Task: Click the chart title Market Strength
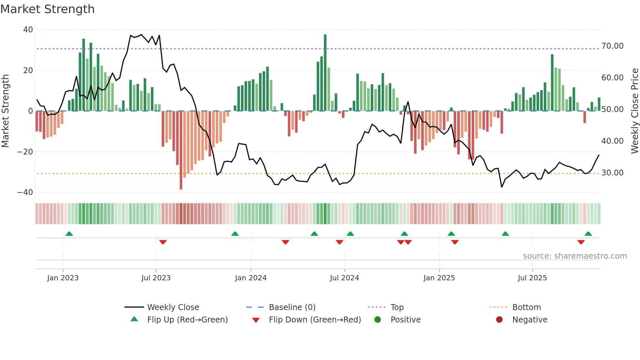[x=47, y=9]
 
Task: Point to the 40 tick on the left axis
[x=28, y=30]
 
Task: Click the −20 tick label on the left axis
[x=25, y=152]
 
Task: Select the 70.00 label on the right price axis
[x=612, y=46]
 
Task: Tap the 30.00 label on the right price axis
[x=612, y=173]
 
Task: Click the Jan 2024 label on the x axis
[x=250, y=278]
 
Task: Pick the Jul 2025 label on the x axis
[x=532, y=278]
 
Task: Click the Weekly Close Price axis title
[x=634, y=111]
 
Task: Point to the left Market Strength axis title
[x=5, y=111]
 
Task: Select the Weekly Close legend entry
[x=173, y=307]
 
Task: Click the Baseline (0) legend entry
[x=292, y=307]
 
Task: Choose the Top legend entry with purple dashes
[x=397, y=307]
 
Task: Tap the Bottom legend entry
[x=526, y=307]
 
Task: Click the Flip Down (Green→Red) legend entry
[x=314, y=320]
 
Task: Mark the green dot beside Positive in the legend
[x=377, y=320]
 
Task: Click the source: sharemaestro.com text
[x=575, y=256]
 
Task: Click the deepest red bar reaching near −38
[x=181, y=150]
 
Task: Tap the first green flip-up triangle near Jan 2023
[x=69, y=234]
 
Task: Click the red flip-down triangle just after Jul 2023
[x=163, y=242]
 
